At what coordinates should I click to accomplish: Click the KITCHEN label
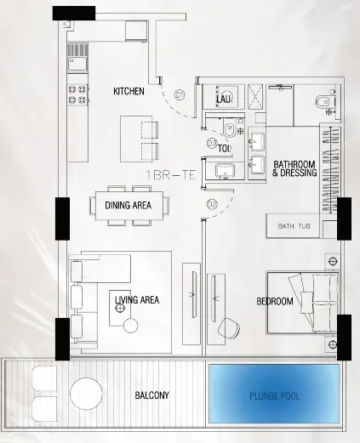[129, 90]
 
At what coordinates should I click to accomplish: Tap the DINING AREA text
[129, 205]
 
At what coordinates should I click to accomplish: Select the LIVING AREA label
[137, 300]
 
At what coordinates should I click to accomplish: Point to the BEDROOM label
[275, 302]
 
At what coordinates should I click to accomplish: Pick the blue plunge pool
[274, 391]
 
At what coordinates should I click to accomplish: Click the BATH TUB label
[293, 227]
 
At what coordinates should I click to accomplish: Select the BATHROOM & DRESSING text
[294, 168]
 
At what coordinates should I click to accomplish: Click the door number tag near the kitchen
[179, 96]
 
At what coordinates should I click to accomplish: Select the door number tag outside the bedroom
[212, 203]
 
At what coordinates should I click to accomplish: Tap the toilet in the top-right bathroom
[323, 104]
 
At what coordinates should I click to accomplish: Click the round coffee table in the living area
[129, 327]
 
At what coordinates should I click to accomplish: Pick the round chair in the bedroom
[231, 327]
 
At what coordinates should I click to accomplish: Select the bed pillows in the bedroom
[324, 303]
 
